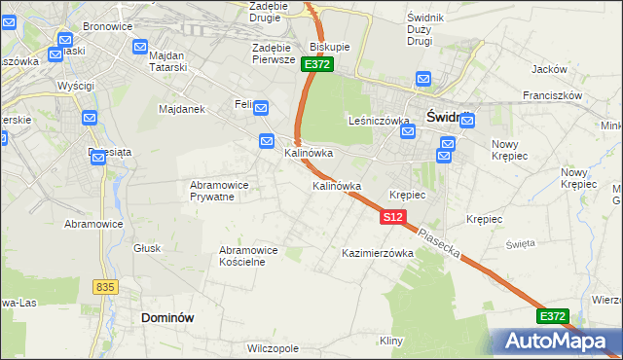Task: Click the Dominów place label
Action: click(168, 317)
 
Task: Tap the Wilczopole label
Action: click(273, 347)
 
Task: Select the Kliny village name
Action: click(391, 341)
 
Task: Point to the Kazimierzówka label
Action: click(378, 253)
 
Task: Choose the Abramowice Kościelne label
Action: click(249, 256)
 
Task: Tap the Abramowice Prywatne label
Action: click(219, 191)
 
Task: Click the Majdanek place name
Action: click(180, 109)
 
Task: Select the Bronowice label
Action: click(107, 26)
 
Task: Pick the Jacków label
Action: click(550, 69)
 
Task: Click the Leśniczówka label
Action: click(378, 121)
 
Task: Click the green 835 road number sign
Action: click(106, 287)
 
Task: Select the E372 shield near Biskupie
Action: click(317, 64)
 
